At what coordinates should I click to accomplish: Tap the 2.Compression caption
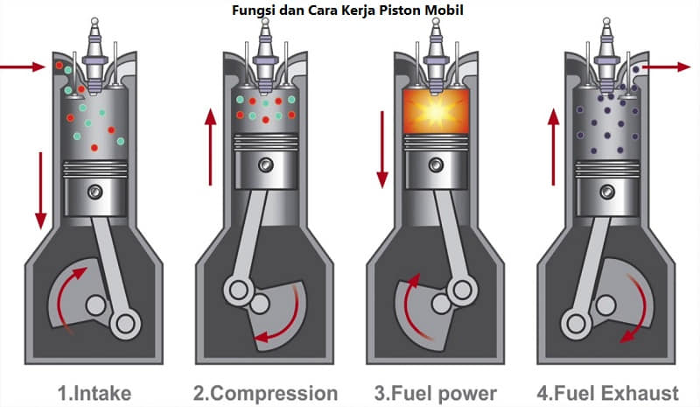[265, 392]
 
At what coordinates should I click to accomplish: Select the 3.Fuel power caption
[434, 392]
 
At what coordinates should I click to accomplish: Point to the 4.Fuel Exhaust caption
[605, 392]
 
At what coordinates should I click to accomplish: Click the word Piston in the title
[395, 10]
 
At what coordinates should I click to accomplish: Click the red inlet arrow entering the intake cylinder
[23, 66]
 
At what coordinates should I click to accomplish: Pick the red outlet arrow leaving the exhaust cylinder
[668, 66]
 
